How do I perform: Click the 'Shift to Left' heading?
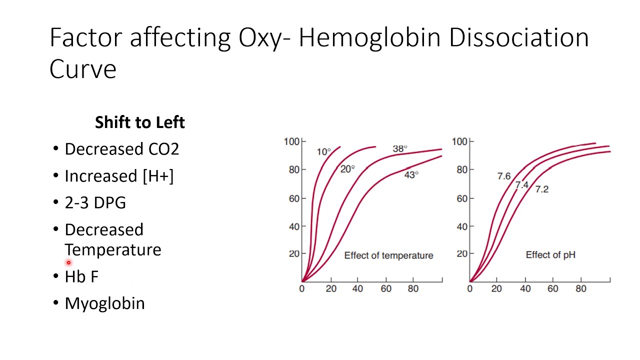coord(140,122)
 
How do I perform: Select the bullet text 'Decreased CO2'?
coord(121,149)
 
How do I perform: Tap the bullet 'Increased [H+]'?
coord(119,176)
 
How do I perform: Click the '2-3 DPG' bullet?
coord(95,203)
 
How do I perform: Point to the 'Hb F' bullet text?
coord(81,276)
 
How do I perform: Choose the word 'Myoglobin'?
coord(104,303)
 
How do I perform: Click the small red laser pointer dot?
coord(68,262)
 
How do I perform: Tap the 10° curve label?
coord(323,151)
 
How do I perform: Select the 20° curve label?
coord(347,169)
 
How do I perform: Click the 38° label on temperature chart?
coord(399,148)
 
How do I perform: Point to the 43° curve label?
coord(411,174)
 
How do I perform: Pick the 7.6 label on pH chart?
coord(503,176)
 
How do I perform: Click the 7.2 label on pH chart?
coord(541,189)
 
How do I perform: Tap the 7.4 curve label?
coord(521,185)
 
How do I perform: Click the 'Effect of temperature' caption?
coord(388,255)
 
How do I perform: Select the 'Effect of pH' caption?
coord(550,255)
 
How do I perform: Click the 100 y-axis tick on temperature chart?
coord(291,141)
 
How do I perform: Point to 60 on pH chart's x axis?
coord(552,289)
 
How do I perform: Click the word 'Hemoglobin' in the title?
coord(369,38)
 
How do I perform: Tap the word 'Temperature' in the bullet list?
coord(113,249)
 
